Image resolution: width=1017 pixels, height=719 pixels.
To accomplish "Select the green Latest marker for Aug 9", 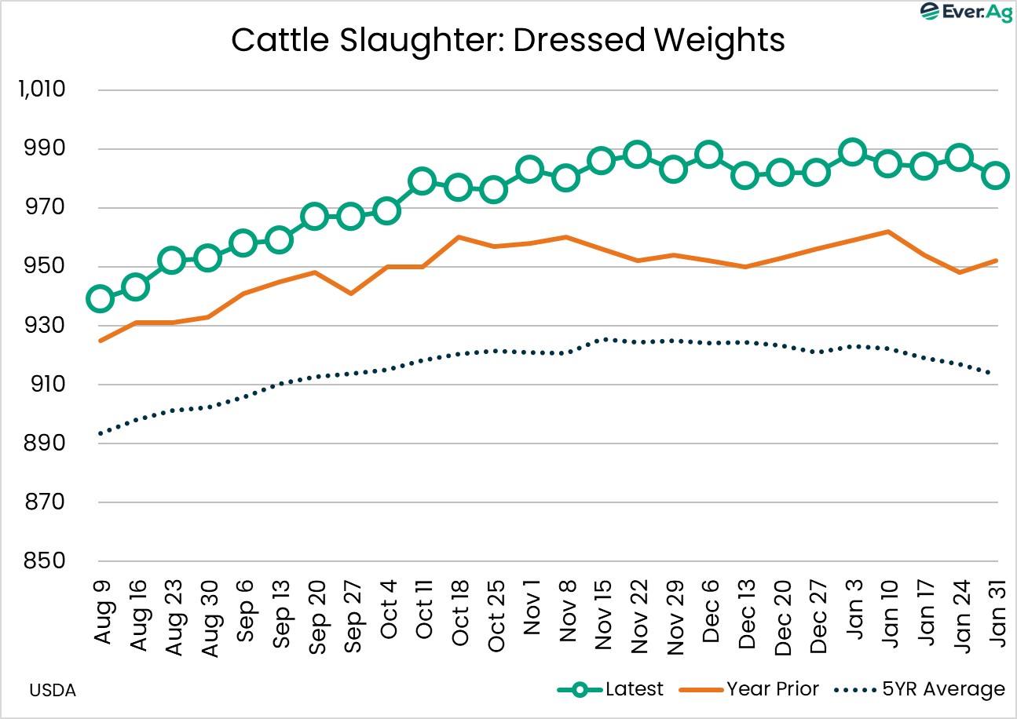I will click(101, 298).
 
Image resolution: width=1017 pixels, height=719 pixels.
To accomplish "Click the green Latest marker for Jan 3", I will click(852, 151).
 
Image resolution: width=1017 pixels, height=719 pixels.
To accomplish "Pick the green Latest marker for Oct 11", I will click(422, 181).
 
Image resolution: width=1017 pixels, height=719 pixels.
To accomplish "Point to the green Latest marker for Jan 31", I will click(996, 175).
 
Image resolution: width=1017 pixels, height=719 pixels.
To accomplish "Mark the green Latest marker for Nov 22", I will click(637, 154).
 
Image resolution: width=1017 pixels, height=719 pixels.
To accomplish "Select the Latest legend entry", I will click(610, 689).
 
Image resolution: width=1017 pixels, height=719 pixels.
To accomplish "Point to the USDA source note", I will click(53, 692).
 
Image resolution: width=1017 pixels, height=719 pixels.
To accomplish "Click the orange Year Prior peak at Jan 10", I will click(888, 232).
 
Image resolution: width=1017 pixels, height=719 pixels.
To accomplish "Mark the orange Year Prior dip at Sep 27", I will click(350, 294).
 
